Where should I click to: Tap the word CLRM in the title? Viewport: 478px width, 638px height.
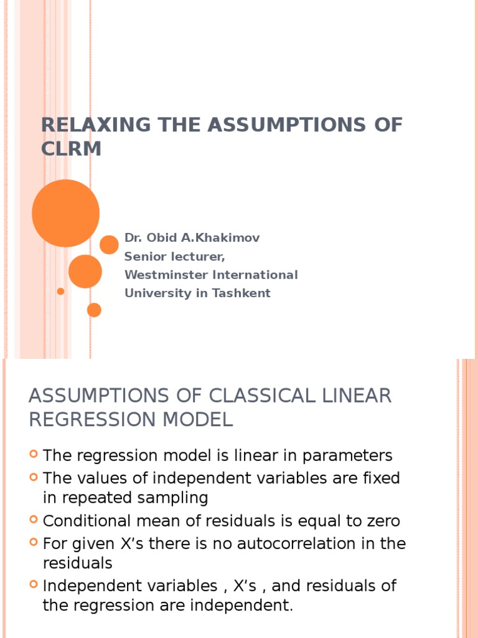tap(71, 149)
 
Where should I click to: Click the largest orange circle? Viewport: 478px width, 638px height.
tap(65, 213)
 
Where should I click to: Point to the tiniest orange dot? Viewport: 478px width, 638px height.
tap(60, 291)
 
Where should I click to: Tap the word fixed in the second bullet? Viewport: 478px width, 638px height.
tap(383, 478)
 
